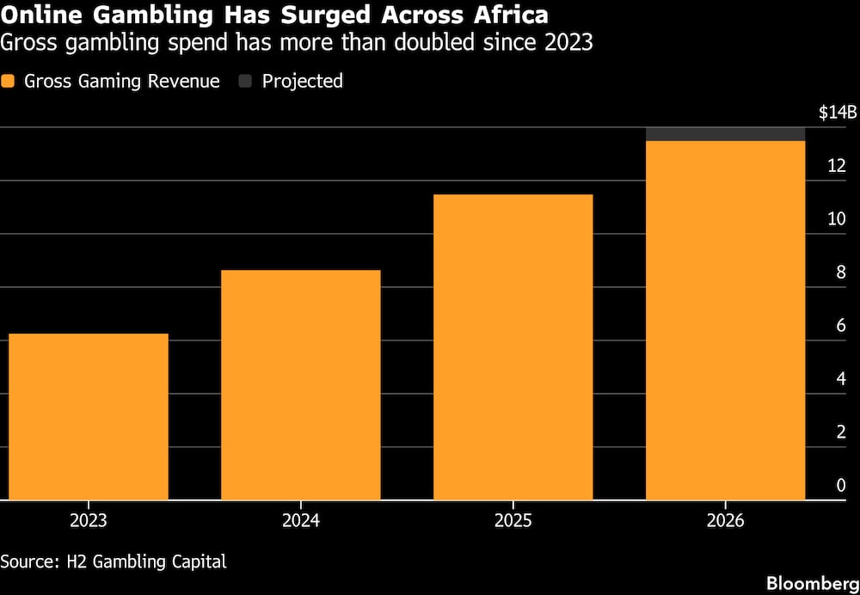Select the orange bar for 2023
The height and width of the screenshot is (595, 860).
point(89,417)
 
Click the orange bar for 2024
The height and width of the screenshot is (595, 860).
point(300,385)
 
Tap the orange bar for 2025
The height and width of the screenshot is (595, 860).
point(513,347)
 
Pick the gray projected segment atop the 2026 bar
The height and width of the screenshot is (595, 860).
point(725,134)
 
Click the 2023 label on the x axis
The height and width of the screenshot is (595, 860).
point(89,520)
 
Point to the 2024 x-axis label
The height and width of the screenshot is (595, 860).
point(300,520)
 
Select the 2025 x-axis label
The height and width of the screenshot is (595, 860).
point(513,520)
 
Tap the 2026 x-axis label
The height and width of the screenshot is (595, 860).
point(725,520)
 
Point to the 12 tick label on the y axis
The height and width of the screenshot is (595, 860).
point(837,166)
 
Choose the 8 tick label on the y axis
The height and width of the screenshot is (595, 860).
point(841,273)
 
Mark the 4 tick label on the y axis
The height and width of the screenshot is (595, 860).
point(841,379)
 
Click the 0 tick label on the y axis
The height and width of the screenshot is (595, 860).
point(841,485)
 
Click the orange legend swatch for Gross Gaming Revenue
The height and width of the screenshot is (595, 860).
point(8,82)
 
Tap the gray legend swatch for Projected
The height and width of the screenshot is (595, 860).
point(245,82)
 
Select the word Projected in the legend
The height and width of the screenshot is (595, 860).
point(302,82)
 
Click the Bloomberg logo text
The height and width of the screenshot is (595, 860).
point(813,584)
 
